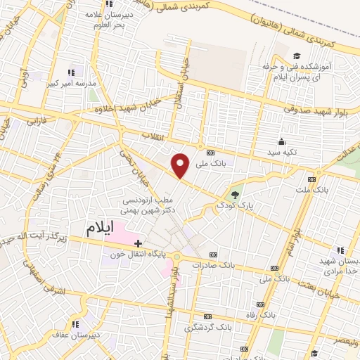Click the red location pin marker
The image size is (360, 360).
tap(181, 165)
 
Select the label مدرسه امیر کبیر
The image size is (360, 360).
tap(70, 83)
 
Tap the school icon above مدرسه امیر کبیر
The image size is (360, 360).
tap(71, 72)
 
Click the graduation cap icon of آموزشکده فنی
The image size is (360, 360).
tap(297, 56)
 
